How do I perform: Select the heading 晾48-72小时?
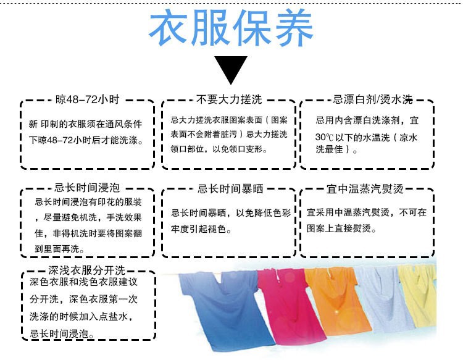tap(87, 100)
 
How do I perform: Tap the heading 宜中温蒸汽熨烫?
tap(369, 188)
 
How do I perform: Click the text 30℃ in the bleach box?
tap(325, 137)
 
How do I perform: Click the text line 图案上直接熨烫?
tap(341, 228)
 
